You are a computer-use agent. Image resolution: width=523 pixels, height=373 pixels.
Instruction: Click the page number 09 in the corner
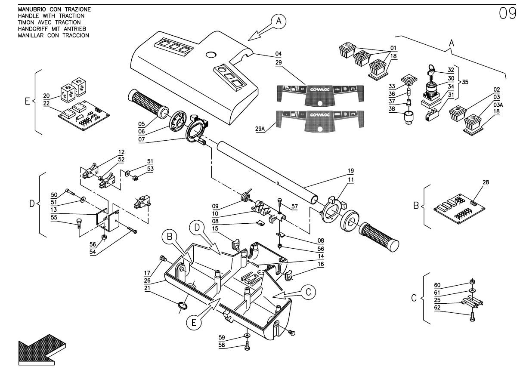pyautogui.click(x=507, y=14)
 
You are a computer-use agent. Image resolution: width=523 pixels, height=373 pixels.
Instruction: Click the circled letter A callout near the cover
pyautogui.click(x=279, y=21)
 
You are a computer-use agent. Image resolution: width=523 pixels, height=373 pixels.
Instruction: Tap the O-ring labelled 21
pyautogui.click(x=182, y=306)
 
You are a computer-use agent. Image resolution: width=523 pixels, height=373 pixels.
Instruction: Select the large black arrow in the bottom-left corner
pyautogui.click(x=41, y=348)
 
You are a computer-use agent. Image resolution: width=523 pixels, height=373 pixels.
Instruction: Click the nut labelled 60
pyautogui.click(x=472, y=282)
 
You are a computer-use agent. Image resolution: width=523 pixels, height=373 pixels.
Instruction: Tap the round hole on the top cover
pyautogui.click(x=211, y=55)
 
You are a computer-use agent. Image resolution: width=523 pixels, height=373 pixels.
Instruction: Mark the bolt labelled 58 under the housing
pyautogui.click(x=248, y=346)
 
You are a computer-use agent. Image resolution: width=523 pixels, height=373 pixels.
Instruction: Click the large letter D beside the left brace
pyautogui.click(x=32, y=203)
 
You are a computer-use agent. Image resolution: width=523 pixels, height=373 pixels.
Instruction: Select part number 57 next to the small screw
pyautogui.click(x=294, y=206)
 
